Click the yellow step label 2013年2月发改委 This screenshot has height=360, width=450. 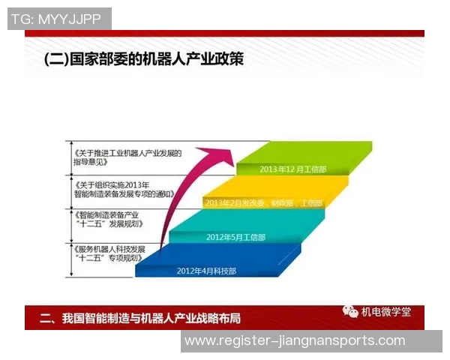click(x=262, y=202)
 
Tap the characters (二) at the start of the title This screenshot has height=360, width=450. click(x=57, y=58)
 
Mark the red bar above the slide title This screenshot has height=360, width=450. click(x=225, y=33)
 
